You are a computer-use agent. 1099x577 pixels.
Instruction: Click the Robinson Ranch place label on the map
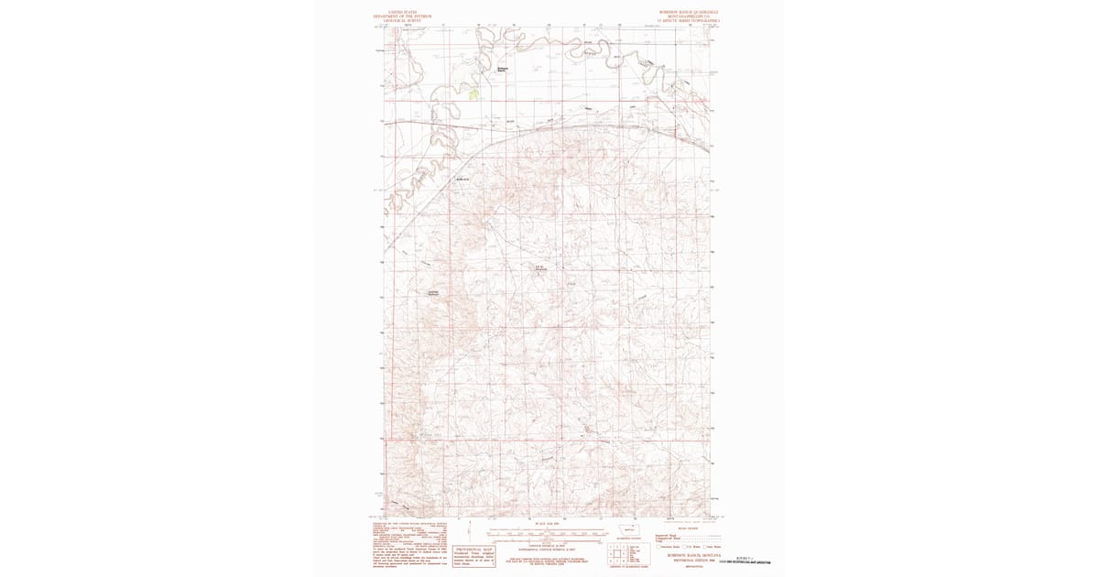coord(502,69)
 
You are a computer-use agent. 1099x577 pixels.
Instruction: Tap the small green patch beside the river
coord(473,93)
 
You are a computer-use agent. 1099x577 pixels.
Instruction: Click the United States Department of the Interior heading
coord(402,16)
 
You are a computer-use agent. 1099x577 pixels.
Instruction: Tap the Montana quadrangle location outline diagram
coord(629,530)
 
